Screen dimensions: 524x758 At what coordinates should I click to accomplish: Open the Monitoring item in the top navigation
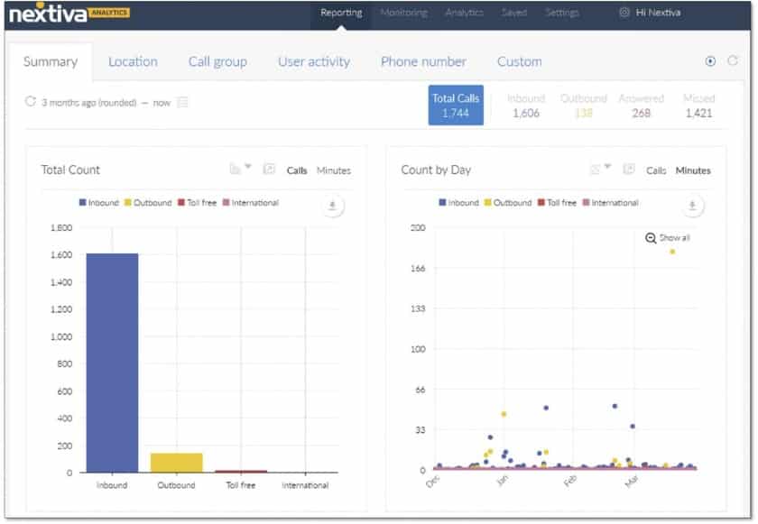point(403,14)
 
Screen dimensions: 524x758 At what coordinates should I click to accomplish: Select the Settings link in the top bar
point(561,14)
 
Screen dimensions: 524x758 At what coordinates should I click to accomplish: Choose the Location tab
point(133,62)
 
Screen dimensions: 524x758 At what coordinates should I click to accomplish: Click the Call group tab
point(217,62)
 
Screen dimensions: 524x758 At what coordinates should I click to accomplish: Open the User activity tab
point(314,62)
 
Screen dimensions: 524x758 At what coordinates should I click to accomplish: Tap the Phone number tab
point(423,62)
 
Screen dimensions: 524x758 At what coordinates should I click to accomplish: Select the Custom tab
point(520,62)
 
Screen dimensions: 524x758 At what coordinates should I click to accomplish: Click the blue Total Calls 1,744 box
point(456,106)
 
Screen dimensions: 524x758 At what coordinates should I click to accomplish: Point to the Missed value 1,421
point(698,113)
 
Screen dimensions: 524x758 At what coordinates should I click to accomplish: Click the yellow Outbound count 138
point(584,113)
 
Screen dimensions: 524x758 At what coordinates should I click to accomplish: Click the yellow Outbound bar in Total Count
point(176,462)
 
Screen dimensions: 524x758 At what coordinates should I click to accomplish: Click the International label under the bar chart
point(305,485)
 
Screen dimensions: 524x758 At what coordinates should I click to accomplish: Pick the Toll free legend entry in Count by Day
point(557,203)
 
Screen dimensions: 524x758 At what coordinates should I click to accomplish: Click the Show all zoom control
point(668,238)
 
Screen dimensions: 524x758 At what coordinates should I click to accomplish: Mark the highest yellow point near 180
point(672,252)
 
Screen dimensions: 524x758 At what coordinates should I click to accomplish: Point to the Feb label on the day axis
point(569,482)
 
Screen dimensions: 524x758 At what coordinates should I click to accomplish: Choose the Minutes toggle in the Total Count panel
point(334,170)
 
